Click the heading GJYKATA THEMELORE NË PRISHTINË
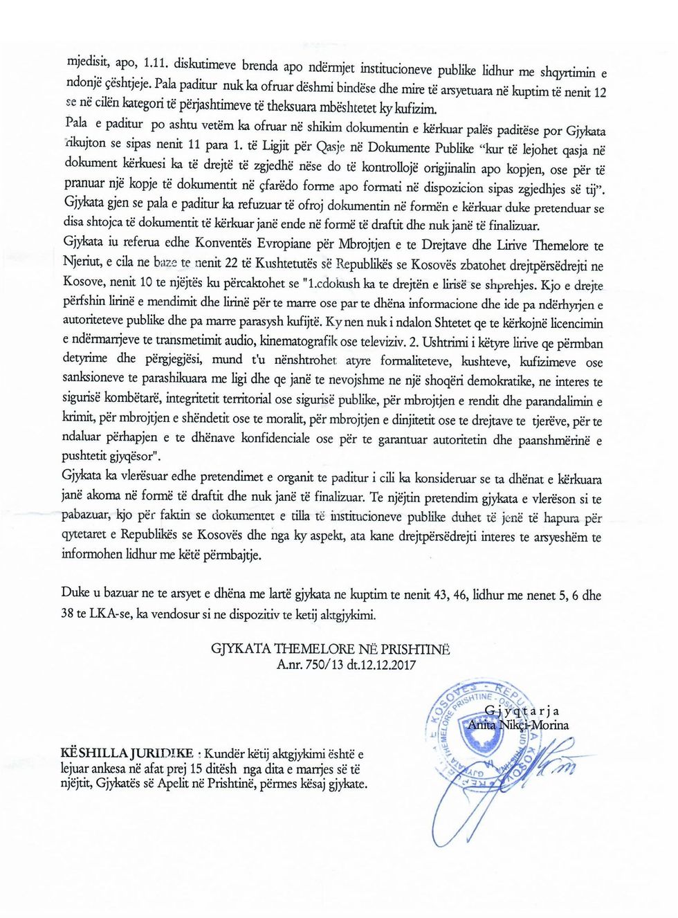[330, 649]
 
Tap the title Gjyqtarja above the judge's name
[522, 710]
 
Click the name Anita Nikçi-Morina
[518, 725]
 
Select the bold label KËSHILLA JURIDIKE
[127, 753]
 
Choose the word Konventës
[224, 243]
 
